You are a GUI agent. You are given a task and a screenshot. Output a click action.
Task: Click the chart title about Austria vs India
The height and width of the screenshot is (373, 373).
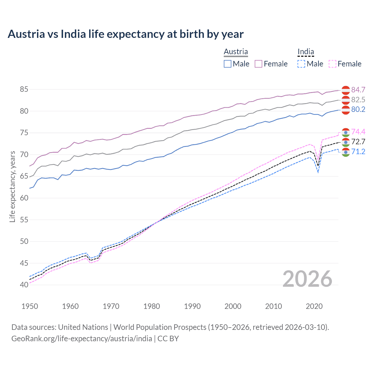(x=125, y=34)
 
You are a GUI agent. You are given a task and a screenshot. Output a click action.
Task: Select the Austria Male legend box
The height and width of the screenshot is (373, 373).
(x=228, y=64)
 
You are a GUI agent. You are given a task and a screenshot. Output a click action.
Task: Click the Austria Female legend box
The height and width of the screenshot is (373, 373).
(x=258, y=64)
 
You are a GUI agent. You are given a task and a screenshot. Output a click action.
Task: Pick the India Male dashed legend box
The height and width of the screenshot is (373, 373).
(x=301, y=64)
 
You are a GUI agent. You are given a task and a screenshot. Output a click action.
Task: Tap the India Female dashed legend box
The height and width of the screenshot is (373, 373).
(x=332, y=64)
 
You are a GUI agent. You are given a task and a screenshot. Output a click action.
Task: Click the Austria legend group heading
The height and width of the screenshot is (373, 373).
(x=236, y=52)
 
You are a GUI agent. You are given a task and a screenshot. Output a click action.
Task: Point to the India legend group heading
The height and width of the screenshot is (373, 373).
(x=306, y=52)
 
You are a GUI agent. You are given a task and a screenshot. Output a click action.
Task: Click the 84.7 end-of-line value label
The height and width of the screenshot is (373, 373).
(x=358, y=90)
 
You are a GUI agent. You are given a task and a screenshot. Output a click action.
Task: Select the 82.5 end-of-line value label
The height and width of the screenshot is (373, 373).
(x=358, y=100)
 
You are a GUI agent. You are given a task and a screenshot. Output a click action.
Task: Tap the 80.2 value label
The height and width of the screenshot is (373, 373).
(x=358, y=109)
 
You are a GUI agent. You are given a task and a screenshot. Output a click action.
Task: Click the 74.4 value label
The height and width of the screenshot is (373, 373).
(x=358, y=132)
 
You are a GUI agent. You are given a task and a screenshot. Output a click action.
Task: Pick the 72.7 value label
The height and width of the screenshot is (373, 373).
(x=358, y=142)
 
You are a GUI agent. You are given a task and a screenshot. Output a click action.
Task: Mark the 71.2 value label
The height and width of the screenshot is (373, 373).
(x=358, y=152)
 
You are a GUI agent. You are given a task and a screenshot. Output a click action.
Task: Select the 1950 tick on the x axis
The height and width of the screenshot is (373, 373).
(x=30, y=306)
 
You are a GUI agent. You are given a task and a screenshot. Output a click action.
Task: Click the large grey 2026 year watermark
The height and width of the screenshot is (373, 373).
(x=307, y=279)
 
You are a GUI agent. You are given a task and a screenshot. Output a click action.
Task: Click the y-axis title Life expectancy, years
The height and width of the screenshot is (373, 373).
(x=12, y=186)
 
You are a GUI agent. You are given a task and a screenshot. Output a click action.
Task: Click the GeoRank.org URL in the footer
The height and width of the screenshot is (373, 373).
(x=82, y=338)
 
